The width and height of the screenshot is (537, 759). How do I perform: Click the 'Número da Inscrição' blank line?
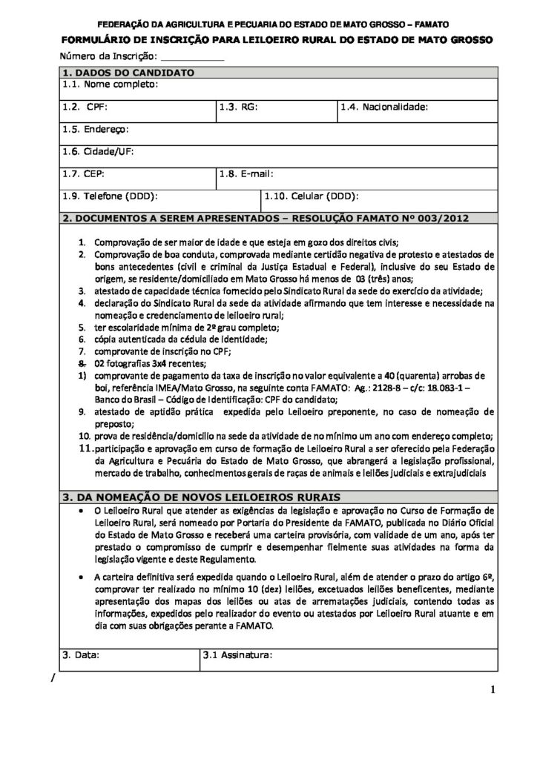pyautogui.click(x=191, y=57)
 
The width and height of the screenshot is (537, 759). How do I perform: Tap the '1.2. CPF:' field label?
pyautogui.click(x=85, y=107)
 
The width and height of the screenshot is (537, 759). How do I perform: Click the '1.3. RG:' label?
pyautogui.click(x=238, y=107)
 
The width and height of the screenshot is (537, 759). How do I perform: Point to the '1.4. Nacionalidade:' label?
pyautogui.click(x=385, y=107)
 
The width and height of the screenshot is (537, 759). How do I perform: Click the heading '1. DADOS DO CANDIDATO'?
pyautogui.click(x=128, y=73)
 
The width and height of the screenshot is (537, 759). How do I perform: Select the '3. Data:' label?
pyautogui.click(x=81, y=655)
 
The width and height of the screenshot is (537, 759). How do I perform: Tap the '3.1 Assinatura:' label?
pyautogui.click(x=238, y=655)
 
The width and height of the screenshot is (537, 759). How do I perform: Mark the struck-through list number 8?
pyautogui.click(x=83, y=364)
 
